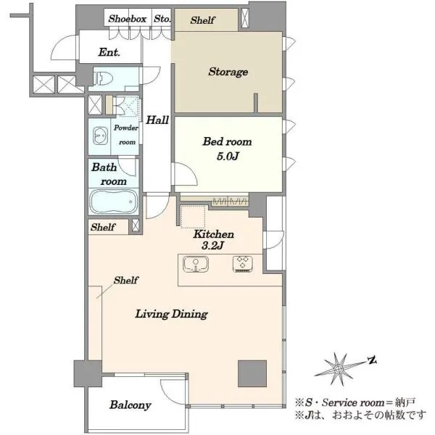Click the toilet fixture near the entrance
(x=103, y=78)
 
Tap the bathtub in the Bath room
(x=114, y=202)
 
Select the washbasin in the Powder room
(x=100, y=136)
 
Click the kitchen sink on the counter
(x=196, y=264)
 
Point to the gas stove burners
(x=242, y=264)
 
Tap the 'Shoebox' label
(x=128, y=19)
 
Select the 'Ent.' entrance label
(x=109, y=52)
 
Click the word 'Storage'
(x=228, y=72)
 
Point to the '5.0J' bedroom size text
(x=228, y=157)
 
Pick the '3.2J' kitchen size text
(x=212, y=246)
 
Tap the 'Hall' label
(x=157, y=120)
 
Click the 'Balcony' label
(x=130, y=405)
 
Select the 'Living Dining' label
(x=171, y=314)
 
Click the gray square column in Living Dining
(x=252, y=373)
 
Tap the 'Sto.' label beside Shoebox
(x=162, y=19)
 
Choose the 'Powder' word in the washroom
(x=126, y=128)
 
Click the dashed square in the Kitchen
(x=193, y=217)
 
